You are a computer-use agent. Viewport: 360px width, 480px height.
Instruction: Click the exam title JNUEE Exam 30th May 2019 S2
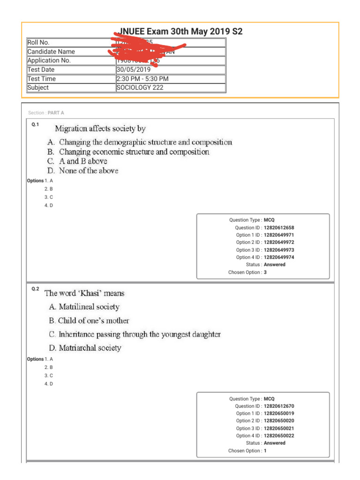point(180,32)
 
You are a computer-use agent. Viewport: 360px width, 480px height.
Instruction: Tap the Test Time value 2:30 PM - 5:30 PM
point(142,79)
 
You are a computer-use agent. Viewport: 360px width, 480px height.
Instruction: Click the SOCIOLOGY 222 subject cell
point(140,88)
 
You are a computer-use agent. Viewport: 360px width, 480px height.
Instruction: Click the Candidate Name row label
point(51,52)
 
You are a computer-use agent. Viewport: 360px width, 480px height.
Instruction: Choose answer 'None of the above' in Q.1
point(88,171)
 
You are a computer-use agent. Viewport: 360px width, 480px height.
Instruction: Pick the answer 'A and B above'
point(83,161)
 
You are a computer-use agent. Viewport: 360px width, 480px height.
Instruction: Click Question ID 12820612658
point(279,227)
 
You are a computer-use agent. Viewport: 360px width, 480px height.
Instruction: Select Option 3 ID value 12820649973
point(279,250)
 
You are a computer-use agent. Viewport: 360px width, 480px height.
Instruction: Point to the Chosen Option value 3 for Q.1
point(265,272)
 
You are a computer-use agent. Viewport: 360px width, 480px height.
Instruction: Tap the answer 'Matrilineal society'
point(89,307)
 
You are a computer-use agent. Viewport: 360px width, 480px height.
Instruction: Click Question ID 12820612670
point(279,406)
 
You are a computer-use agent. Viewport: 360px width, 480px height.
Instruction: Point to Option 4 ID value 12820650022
point(279,436)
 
